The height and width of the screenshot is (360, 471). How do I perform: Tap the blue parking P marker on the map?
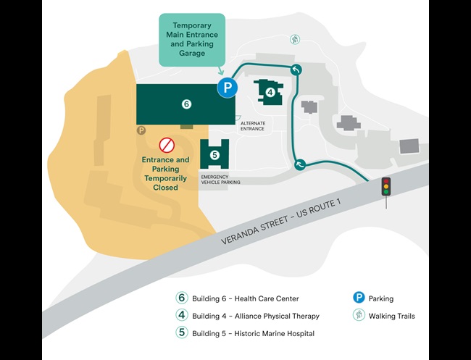tap(228, 88)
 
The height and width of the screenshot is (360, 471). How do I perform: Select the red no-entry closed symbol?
tap(167, 144)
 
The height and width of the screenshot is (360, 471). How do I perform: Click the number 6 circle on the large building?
tap(186, 104)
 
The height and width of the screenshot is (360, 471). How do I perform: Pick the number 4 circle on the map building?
tap(270, 92)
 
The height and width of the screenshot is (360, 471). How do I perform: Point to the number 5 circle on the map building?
tap(214, 154)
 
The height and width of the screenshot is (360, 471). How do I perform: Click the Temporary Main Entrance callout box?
tap(191, 39)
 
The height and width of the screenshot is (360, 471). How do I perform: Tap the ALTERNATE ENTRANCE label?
tap(253, 126)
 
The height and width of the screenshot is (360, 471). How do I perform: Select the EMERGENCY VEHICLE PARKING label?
tap(220, 180)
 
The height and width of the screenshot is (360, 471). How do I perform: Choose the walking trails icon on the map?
tap(295, 39)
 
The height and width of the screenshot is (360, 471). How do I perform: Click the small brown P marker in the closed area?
tap(141, 130)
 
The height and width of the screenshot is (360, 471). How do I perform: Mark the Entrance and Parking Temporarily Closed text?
tap(165, 173)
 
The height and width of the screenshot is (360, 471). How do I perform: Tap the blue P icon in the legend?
tap(358, 298)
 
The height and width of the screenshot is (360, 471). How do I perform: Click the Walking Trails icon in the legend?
tap(358, 316)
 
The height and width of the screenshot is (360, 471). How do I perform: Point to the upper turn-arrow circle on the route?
tap(296, 70)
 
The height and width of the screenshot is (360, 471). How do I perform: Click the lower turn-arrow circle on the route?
tap(301, 164)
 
